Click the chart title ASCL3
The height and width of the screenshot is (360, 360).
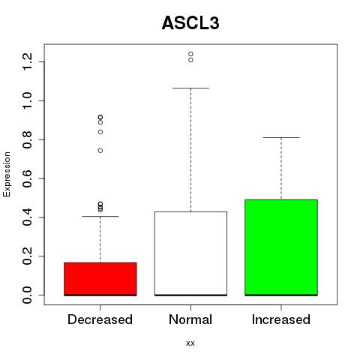[x=190, y=23]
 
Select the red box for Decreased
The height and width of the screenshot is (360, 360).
[x=100, y=279]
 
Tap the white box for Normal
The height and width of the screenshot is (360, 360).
[x=190, y=253]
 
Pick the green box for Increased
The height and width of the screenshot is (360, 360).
[x=281, y=247]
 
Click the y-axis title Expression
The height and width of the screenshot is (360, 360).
[x=7, y=174]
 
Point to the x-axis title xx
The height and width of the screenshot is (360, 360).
[x=190, y=343]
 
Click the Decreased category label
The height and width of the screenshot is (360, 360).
[x=100, y=319]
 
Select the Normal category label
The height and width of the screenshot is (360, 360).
[x=190, y=319]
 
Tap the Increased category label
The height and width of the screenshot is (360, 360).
[x=281, y=319]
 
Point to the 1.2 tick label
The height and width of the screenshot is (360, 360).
[x=27, y=61]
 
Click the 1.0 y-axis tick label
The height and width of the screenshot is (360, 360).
[x=27, y=100]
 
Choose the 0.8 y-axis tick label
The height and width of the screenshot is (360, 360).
[x=27, y=139]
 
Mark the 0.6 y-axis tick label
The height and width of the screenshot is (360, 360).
[x=27, y=178]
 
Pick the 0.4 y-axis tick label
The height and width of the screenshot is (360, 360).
[x=27, y=217]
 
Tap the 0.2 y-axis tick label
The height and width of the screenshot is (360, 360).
[x=27, y=256]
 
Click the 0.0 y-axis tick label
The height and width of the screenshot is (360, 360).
[x=27, y=295]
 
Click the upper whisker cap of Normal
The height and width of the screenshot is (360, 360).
[x=190, y=88]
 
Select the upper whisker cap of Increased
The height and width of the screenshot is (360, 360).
[x=281, y=137]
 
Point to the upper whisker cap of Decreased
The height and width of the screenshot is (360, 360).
[x=100, y=216]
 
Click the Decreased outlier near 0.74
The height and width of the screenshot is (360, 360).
[x=100, y=151]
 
